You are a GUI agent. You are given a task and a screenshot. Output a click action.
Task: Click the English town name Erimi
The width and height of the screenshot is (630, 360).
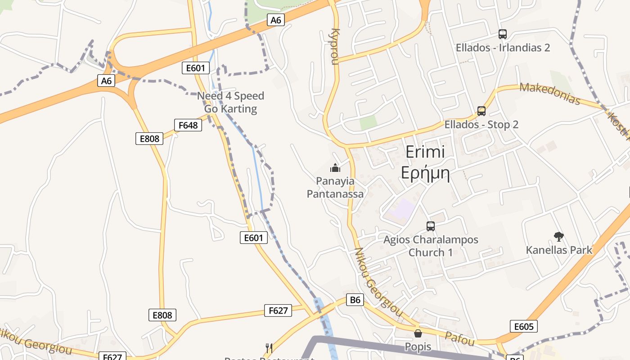[425, 152]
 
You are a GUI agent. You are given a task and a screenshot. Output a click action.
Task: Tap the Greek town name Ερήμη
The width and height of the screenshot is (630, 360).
[425, 173]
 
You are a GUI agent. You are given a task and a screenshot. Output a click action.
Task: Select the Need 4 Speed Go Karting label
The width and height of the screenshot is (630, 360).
[230, 102]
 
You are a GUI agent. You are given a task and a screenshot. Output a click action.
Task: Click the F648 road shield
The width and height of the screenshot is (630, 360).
[188, 125]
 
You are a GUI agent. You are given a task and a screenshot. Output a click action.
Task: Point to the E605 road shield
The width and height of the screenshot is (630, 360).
[524, 326]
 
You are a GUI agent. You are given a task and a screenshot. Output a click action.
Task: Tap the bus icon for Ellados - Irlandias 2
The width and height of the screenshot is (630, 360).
[503, 34]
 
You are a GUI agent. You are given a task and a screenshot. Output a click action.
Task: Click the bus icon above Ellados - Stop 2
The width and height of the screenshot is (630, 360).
[481, 111]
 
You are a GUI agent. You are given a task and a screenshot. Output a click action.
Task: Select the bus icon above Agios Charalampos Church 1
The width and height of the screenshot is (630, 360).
[431, 226]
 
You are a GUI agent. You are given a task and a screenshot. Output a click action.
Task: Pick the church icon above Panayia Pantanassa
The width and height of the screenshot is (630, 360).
[335, 168]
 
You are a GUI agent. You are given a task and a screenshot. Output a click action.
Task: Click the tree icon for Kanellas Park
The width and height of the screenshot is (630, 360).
[559, 236]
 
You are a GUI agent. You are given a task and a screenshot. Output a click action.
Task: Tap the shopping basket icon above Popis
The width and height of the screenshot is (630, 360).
[418, 333]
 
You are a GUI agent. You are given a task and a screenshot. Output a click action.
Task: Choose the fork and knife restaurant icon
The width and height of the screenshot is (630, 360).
[269, 348]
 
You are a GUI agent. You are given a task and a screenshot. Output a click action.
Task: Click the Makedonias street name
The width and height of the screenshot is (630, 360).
[549, 94]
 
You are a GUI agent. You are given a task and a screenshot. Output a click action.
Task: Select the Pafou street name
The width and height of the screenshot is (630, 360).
[459, 338]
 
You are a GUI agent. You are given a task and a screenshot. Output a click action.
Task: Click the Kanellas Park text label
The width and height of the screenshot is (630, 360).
[559, 250]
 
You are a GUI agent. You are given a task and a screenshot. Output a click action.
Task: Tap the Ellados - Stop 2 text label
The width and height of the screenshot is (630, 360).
[481, 125]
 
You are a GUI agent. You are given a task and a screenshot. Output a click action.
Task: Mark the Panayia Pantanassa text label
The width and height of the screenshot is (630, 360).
[335, 187]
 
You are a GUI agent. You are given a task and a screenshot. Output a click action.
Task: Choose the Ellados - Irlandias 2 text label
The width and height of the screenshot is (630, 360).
[503, 48]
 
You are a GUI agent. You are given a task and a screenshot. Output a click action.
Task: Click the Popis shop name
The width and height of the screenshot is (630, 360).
[418, 347]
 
